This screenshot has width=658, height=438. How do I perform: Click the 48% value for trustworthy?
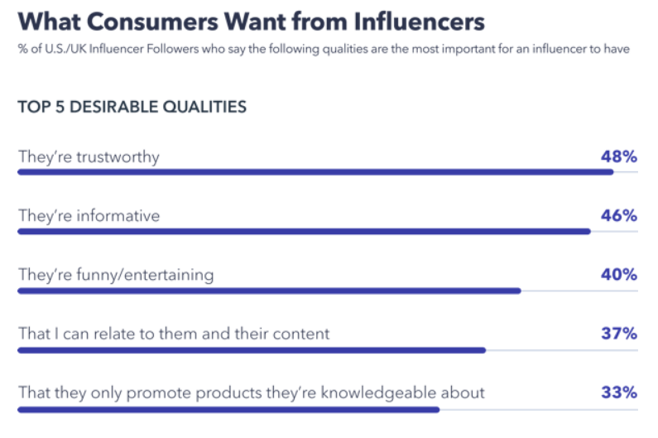pos(618,156)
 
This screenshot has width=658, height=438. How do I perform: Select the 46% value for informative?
pos(618,215)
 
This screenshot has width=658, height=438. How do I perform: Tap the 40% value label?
pos(618,274)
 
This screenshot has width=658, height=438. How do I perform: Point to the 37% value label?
pos(618,334)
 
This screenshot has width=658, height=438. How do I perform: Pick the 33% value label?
pos(618,392)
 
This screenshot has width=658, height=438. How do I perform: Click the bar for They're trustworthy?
pos(315,172)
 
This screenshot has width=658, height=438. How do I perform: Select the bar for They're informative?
pos(304,232)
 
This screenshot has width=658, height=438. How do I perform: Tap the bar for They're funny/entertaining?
pos(269,291)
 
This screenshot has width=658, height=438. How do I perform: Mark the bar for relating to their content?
pos(251,350)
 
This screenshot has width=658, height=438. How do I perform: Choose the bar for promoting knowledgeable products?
pos(228,409)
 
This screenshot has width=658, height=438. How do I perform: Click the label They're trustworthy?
pos(89,156)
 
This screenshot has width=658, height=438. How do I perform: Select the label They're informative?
pos(89,216)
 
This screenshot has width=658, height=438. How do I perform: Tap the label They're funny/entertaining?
pos(116,275)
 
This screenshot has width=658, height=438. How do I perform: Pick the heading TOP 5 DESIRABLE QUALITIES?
pos(132,107)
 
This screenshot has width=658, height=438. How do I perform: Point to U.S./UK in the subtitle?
pos(54,49)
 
